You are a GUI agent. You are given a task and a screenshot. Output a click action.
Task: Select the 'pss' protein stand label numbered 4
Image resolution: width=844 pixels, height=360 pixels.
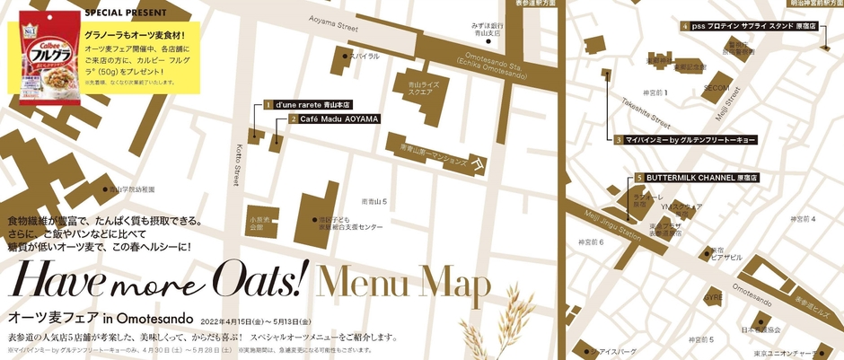click(x=752, y=27)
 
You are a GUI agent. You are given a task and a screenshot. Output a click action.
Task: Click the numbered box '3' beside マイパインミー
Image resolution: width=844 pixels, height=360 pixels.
click(x=620, y=140)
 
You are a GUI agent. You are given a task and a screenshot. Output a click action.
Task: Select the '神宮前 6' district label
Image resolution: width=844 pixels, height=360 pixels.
click(x=590, y=242)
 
